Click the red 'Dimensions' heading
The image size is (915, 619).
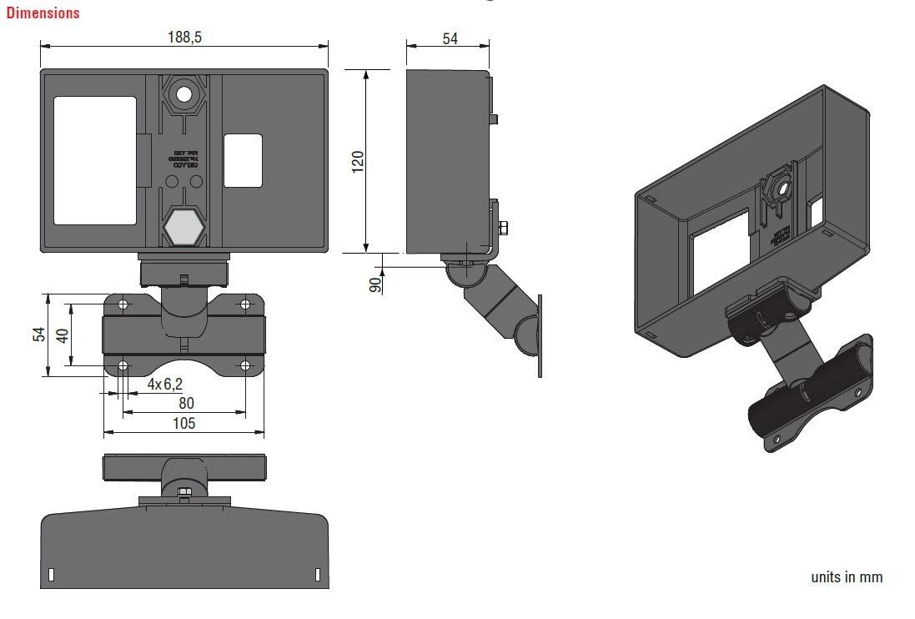coord(43,13)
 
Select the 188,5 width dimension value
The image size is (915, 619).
coord(184,37)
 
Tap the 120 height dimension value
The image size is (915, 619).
coord(357,162)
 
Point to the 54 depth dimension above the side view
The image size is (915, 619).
coord(449,38)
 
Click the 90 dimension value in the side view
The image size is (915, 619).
coord(375,283)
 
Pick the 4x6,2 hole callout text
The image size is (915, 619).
coord(164,385)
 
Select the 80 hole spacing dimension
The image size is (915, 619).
coord(185,403)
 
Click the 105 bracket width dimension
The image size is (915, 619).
coord(184,424)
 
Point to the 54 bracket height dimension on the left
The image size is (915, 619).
coord(38,335)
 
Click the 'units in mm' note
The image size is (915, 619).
coord(846,577)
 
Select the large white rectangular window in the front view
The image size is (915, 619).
coord(95,160)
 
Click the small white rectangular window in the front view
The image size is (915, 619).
coord(244,161)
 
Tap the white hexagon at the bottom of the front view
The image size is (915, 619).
coord(184,226)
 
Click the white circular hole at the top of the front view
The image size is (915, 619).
coord(184,94)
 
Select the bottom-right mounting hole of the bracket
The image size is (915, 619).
coord(245,365)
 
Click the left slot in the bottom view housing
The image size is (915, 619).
coord(52,574)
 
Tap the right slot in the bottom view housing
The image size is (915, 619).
coord(317,574)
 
